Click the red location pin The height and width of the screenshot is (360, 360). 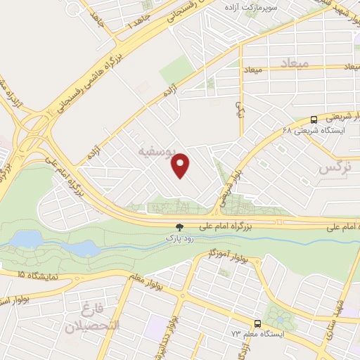click(x=181, y=165)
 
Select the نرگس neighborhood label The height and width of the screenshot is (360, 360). click(x=334, y=168)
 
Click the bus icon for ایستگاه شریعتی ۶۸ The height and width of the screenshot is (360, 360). click(x=314, y=120)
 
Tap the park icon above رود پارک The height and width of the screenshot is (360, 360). click(x=180, y=227)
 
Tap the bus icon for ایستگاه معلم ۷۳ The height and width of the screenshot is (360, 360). click(x=257, y=324)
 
